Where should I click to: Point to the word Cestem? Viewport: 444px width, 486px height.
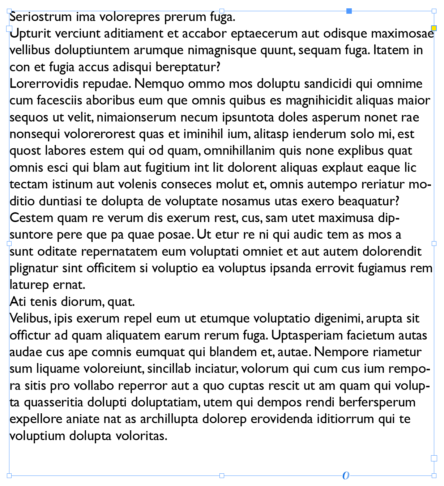[x=31, y=218]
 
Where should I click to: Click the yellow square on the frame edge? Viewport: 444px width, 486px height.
[x=434, y=28]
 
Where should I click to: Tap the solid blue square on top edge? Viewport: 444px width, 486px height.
[x=349, y=11]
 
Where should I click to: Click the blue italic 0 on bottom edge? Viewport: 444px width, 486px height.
[x=346, y=476]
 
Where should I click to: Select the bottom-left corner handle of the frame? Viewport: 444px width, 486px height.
[x=9, y=476]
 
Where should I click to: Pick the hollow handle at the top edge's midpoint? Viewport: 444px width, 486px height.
[x=222, y=11]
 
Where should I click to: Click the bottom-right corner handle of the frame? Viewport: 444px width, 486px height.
[x=434, y=476]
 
